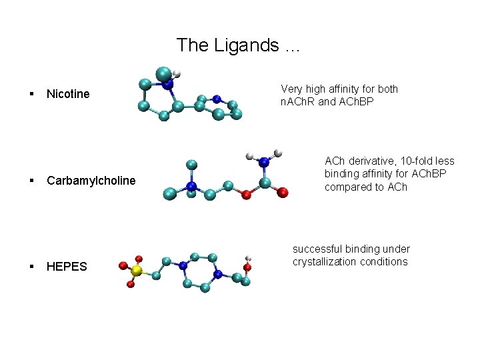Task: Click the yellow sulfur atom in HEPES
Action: pos(136,271)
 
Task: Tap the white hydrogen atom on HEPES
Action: pos(248,258)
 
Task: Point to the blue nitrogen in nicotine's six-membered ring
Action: pos(217,100)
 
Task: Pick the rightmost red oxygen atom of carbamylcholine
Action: pos(283,193)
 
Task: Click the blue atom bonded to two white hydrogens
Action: pos(264,161)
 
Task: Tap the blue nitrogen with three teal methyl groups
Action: pos(191,185)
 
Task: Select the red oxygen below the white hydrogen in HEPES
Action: pos(247,268)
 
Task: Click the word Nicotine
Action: pos(68,94)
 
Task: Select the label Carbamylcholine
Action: pos(91,181)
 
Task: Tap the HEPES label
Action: pos(67,267)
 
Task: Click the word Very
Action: pos(292,89)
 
